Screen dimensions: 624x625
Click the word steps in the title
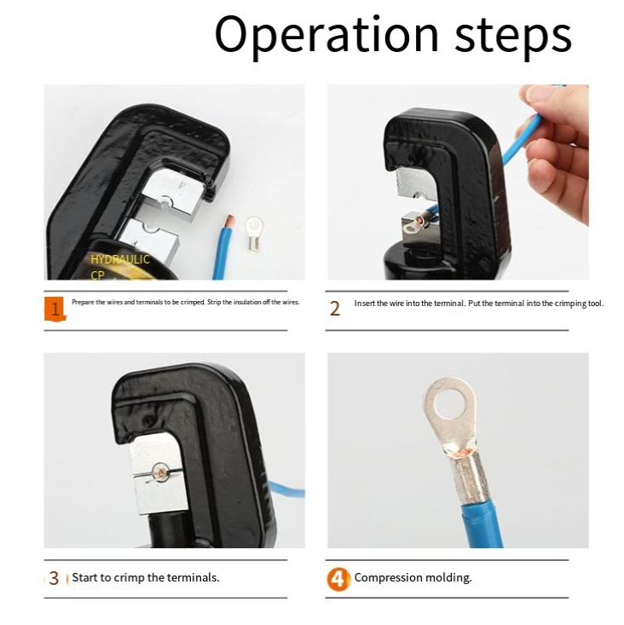(x=513, y=37)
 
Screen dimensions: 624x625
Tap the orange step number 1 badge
(x=55, y=309)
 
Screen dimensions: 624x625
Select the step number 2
(x=335, y=309)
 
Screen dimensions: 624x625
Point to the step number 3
(x=54, y=578)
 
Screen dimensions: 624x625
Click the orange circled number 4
(x=338, y=579)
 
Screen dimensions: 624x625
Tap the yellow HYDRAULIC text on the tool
(x=120, y=259)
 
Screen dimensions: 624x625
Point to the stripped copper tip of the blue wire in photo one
(x=230, y=221)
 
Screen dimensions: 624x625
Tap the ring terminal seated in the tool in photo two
(x=414, y=224)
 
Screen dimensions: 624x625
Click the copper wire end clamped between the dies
(x=160, y=472)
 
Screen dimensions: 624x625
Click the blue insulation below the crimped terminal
(x=482, y=525)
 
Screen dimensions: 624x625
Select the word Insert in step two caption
(x=365, y=304)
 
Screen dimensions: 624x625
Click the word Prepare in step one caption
(x=83, y=302)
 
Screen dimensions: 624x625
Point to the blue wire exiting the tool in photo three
(x=286, y=489)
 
